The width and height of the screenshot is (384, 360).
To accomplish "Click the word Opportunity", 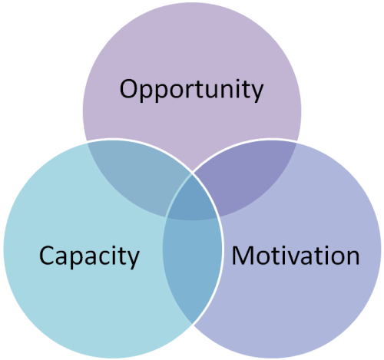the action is click(191, 91).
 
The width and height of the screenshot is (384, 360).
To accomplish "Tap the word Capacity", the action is click(89, 257).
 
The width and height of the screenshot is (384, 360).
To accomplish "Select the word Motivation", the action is click(296, 256).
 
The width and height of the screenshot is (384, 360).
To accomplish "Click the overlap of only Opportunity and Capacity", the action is click(136, 177).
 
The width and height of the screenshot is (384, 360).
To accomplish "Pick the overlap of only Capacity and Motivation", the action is click(192, 266).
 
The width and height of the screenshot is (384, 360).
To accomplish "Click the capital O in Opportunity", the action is click(129, 89).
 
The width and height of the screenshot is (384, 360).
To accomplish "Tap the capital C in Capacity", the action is click(47, 256).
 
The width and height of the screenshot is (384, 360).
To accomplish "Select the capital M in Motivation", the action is click(243, 256).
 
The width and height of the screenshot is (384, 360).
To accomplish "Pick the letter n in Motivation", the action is click(353, 258).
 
